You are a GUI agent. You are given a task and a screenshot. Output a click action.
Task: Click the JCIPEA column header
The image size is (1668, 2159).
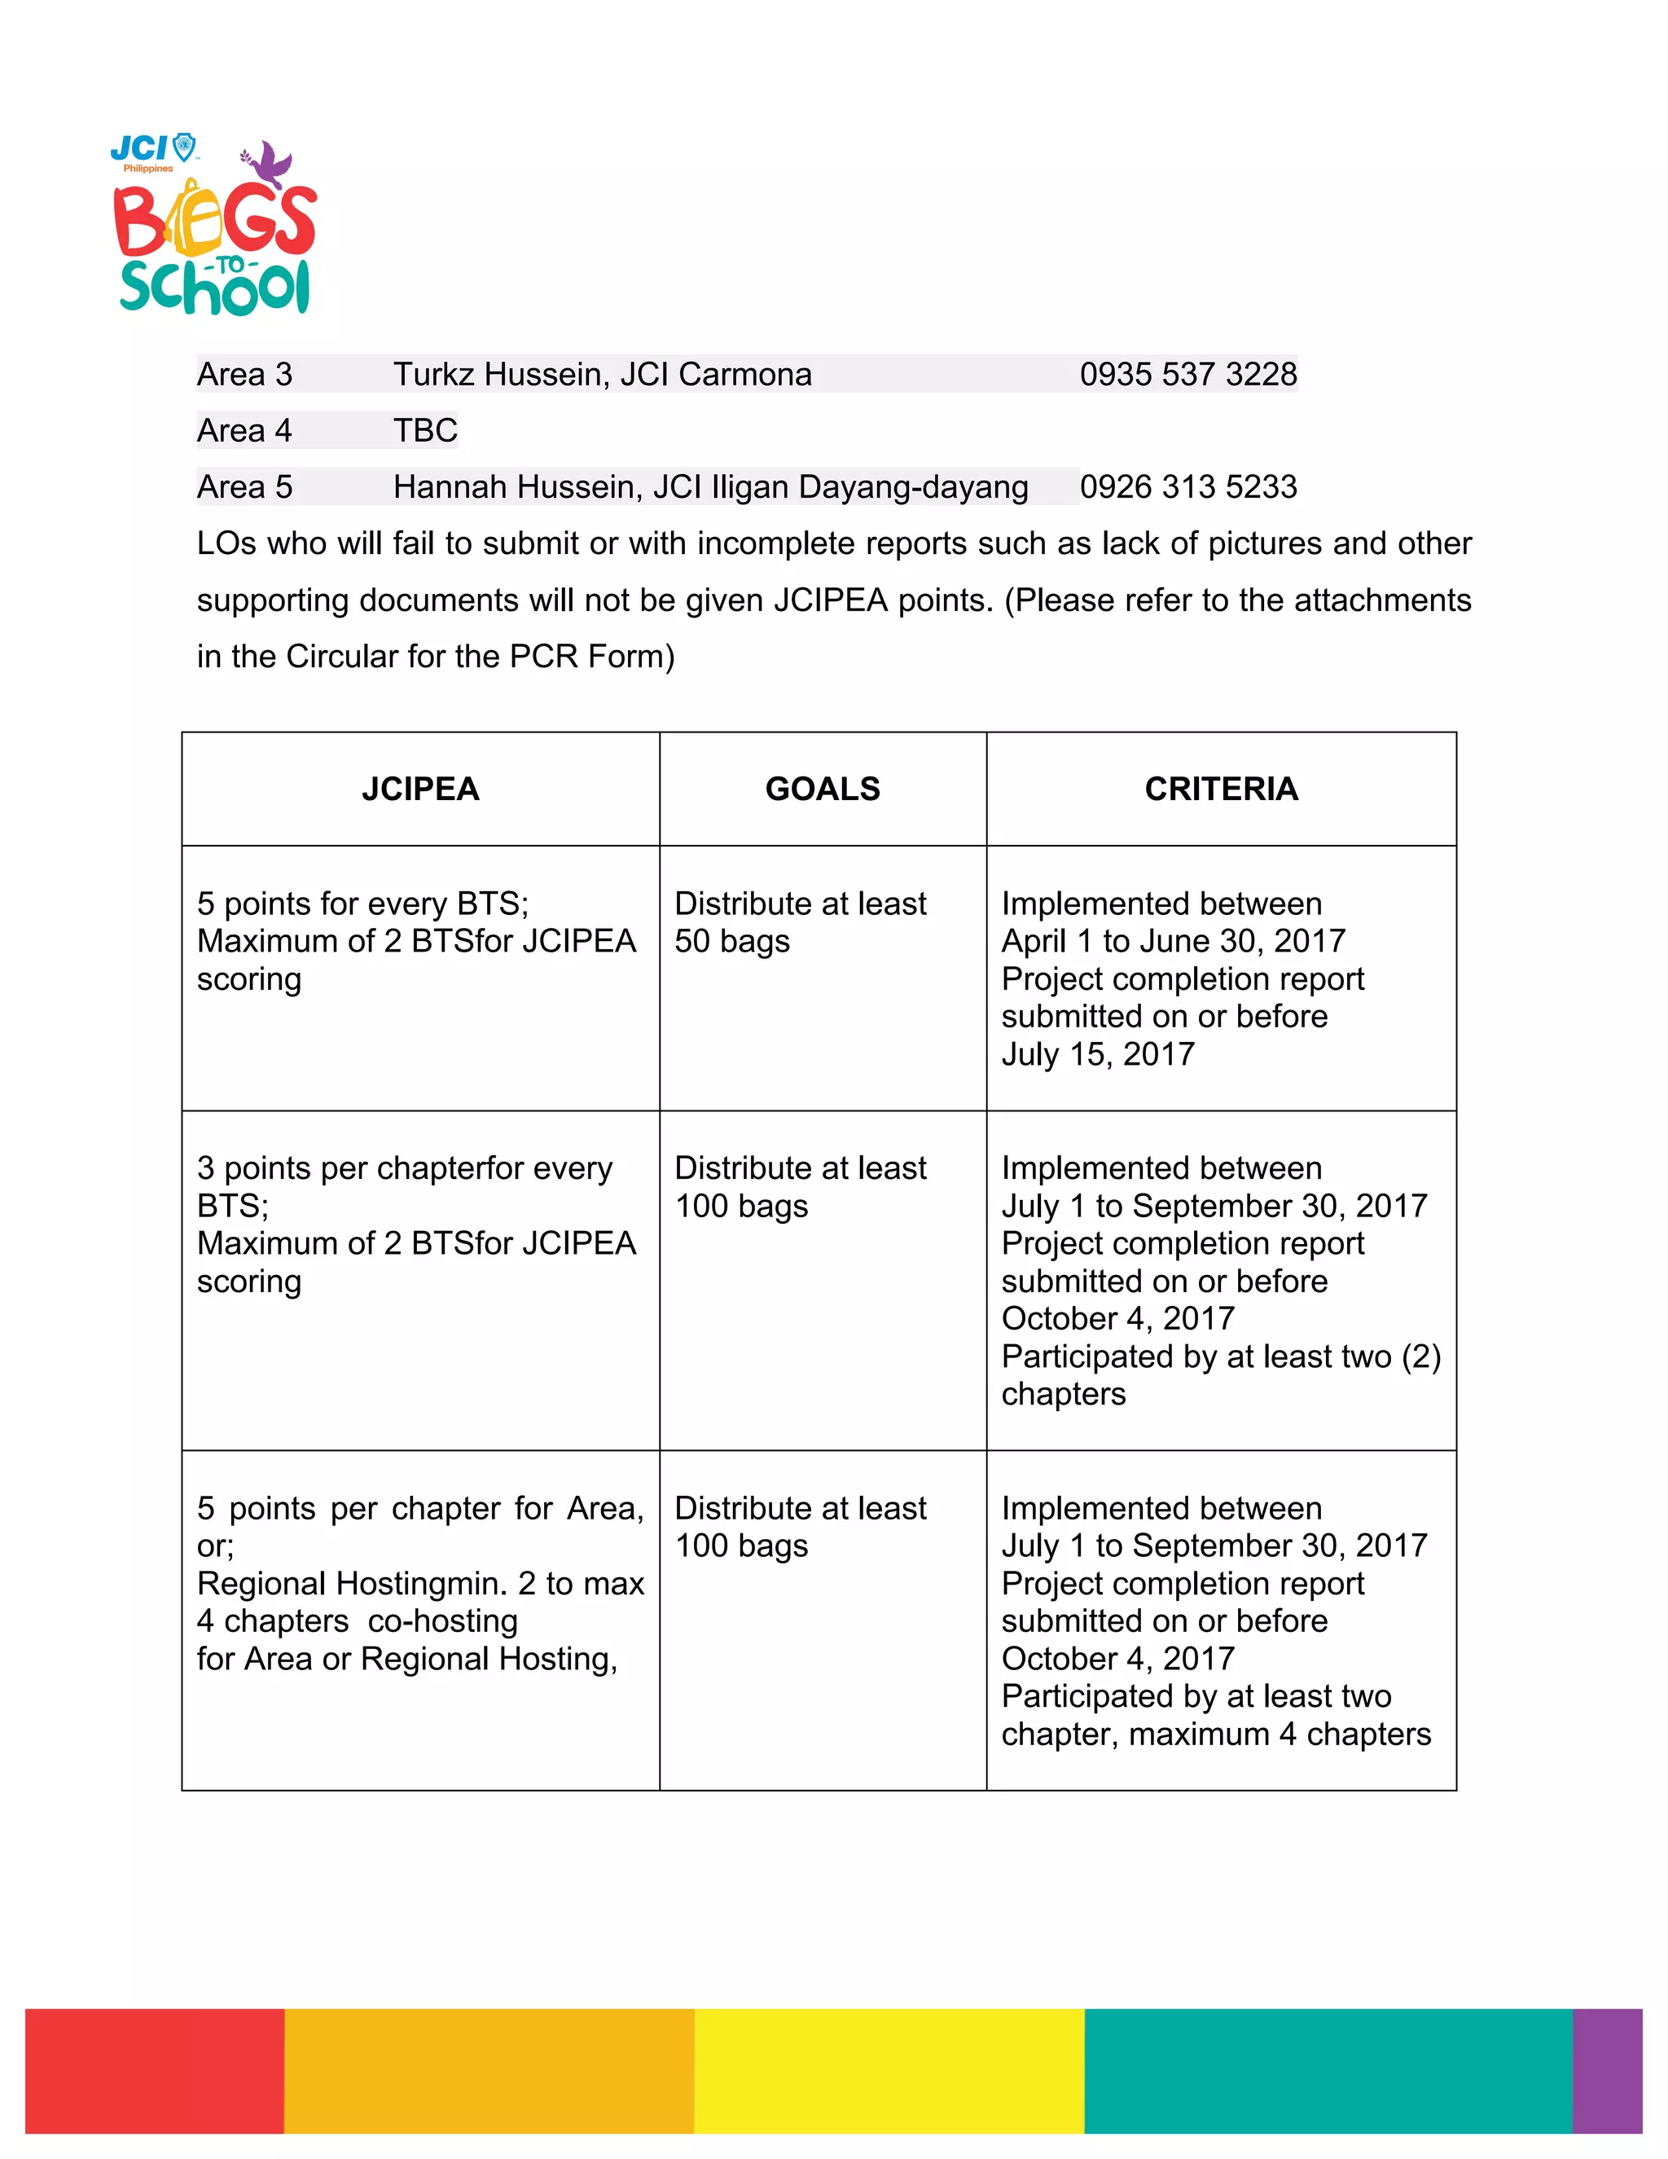[420, 789]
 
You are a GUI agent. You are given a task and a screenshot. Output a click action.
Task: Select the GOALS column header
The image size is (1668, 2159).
[822, 789]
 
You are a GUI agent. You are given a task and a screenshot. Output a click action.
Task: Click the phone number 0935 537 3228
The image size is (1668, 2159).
[1187, 375]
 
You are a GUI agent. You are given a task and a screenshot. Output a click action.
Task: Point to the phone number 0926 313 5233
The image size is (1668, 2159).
[1187, 487]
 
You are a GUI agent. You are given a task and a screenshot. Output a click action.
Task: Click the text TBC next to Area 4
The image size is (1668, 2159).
[425, 431]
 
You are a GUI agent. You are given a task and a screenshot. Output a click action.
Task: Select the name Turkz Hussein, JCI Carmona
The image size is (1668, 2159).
[602, 375]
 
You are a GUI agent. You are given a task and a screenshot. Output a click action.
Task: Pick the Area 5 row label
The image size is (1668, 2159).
[244, 487]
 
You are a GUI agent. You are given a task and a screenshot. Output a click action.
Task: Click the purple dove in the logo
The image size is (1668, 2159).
[269, 164]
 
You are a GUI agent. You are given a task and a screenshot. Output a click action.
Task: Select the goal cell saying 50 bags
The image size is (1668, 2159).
[731, 942]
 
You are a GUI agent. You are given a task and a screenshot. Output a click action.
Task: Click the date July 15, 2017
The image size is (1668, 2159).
[1097, 1055]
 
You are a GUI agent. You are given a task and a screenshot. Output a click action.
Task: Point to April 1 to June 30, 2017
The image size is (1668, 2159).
[1173, 941]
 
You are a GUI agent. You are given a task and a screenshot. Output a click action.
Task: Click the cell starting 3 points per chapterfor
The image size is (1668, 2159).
[404, 1168]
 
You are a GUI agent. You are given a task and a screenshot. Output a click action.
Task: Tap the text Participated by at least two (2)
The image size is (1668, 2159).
[1220, 1357]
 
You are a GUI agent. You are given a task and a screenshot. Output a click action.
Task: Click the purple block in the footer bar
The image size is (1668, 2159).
[1607, 2070]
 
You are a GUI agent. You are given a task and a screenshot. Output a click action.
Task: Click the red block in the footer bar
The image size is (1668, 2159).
[154, 2070]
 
